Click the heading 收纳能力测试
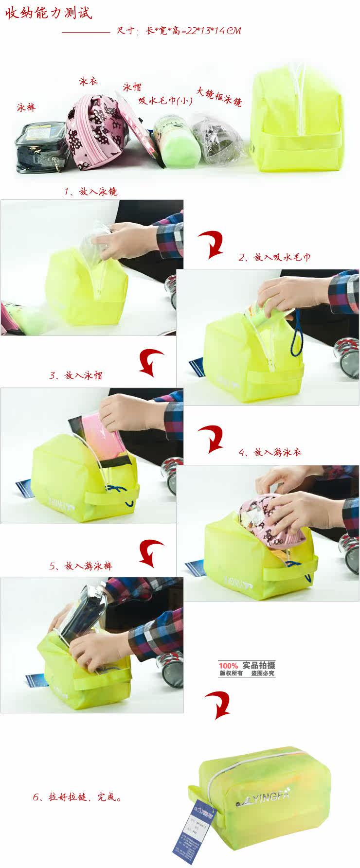49,13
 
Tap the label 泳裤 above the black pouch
26,106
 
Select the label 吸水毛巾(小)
165,101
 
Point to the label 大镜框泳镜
219,96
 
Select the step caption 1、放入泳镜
90,192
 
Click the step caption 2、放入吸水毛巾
274,257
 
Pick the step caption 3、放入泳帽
76,375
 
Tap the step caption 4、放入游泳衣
270,452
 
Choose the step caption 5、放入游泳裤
81,566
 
